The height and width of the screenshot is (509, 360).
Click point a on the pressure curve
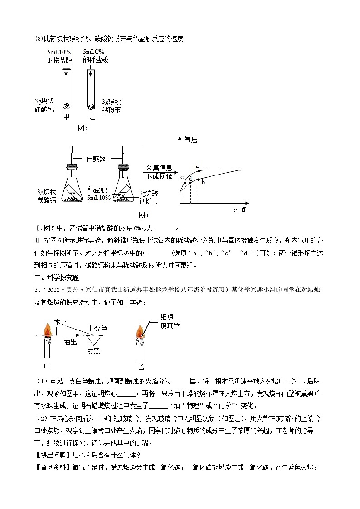click(x=199, y=171)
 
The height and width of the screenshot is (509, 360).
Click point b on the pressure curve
click(x=199, y=182)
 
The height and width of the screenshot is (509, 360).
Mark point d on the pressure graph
click(x=190, y=182)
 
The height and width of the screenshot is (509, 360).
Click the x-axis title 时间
click(x=239, y=210)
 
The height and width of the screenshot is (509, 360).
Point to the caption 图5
click(x=83, y=128)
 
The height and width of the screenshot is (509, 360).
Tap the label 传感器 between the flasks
click(x=96, y=159)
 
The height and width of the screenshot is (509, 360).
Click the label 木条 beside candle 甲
click(x=61, y=322)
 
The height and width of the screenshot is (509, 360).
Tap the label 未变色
click(x=97, y=328)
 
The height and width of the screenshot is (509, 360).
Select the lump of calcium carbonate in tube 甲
click(x=66, y=107)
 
